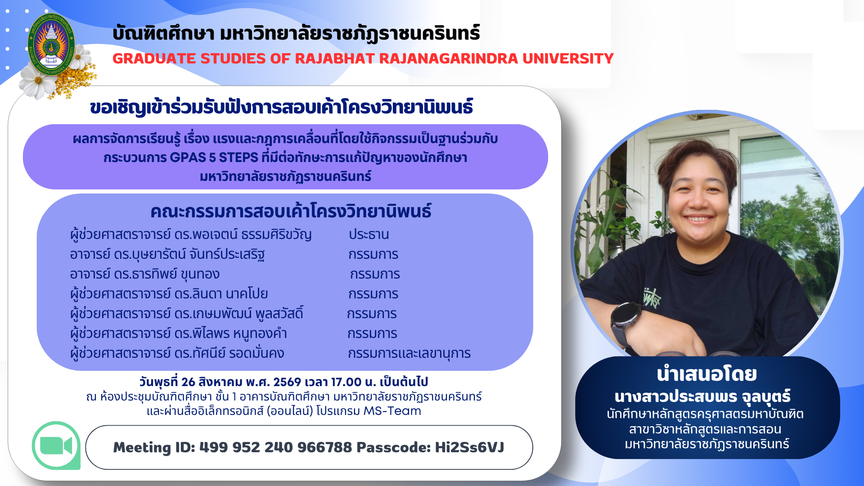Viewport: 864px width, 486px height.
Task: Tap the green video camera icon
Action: (x=56, y=445)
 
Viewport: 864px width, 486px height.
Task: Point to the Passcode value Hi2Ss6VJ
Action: (x=469, y=447)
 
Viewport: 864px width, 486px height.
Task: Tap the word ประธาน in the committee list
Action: (x=369, y=234)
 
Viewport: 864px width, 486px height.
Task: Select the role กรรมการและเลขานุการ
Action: (x=409, y=353)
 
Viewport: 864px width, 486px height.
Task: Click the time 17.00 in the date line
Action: (x=346, y=382)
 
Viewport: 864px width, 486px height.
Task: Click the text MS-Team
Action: (x=392, y=411)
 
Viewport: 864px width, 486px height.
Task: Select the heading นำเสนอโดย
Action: (x=707, y=374)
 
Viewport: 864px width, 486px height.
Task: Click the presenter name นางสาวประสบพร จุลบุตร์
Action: (x=703, y=396)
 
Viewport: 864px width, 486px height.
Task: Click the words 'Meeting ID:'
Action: (x=153, y=447)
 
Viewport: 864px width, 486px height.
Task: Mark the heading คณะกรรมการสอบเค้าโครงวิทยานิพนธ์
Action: (x=291, y=211)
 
